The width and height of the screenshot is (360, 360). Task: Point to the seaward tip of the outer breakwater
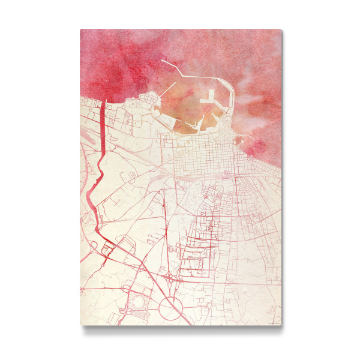coord(163,60)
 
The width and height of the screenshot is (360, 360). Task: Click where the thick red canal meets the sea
coord(103,101)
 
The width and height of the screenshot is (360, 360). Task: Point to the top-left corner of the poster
coord(81,29)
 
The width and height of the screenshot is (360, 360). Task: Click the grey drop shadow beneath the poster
coord(180,328)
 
